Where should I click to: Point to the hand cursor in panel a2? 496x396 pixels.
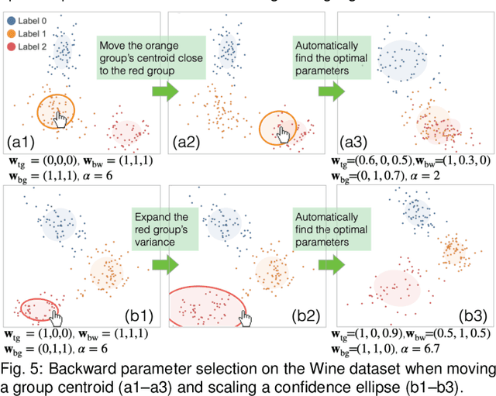(x=284, y=134)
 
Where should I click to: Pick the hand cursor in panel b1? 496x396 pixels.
(x=56, y=313)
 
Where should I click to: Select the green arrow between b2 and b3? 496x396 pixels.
(x=329, y=266)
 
